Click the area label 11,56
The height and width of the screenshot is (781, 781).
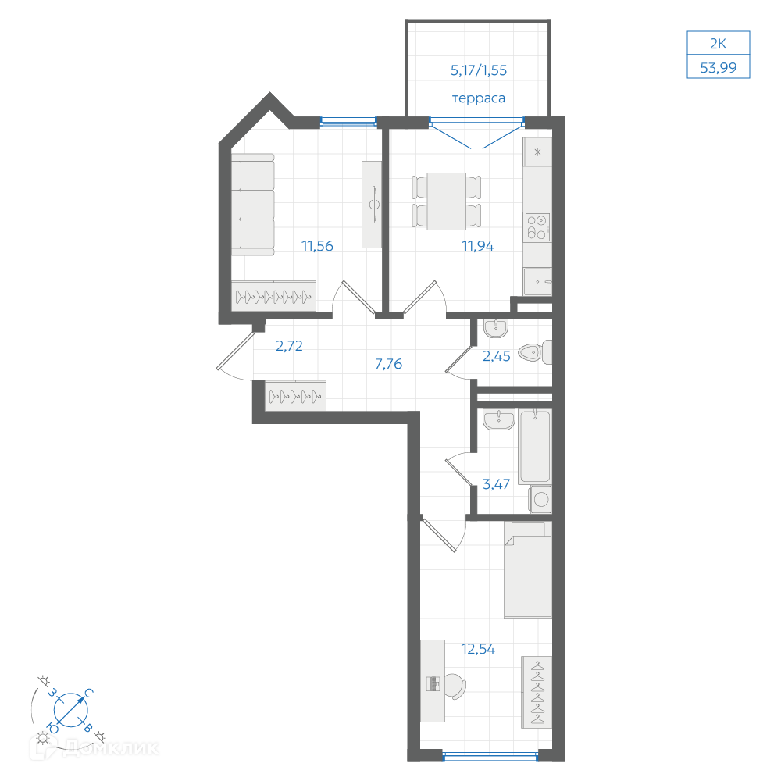coord(317,245)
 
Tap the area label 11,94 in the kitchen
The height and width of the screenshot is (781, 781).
coord(478,245)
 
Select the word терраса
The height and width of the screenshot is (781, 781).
coord(478,98)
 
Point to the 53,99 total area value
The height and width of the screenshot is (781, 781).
coord(719,67)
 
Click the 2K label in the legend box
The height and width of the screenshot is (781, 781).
coord(719,43)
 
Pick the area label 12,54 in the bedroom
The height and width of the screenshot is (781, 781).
coord(478,649)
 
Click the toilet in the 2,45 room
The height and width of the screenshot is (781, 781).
coord(535,352)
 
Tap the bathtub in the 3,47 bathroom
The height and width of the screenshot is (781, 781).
coord(535,446)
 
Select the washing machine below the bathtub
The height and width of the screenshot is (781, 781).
coord(540,499)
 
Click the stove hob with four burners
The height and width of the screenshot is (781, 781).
coord(538,227)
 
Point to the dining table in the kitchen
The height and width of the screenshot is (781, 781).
coord(446,201)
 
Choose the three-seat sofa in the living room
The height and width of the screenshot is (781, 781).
coord(252,205)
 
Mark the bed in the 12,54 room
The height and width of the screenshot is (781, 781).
coord(528,570)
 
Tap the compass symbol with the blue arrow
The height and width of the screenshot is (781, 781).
coord(71,709)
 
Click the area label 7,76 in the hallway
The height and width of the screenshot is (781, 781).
coord(388,364)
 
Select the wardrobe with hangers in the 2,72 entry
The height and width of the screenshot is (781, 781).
coord(295,396)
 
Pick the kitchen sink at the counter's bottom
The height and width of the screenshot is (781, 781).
coord(537,282)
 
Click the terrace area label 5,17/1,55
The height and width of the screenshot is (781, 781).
coord(479,70)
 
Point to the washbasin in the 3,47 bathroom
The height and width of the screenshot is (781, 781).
coord(498,419)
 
